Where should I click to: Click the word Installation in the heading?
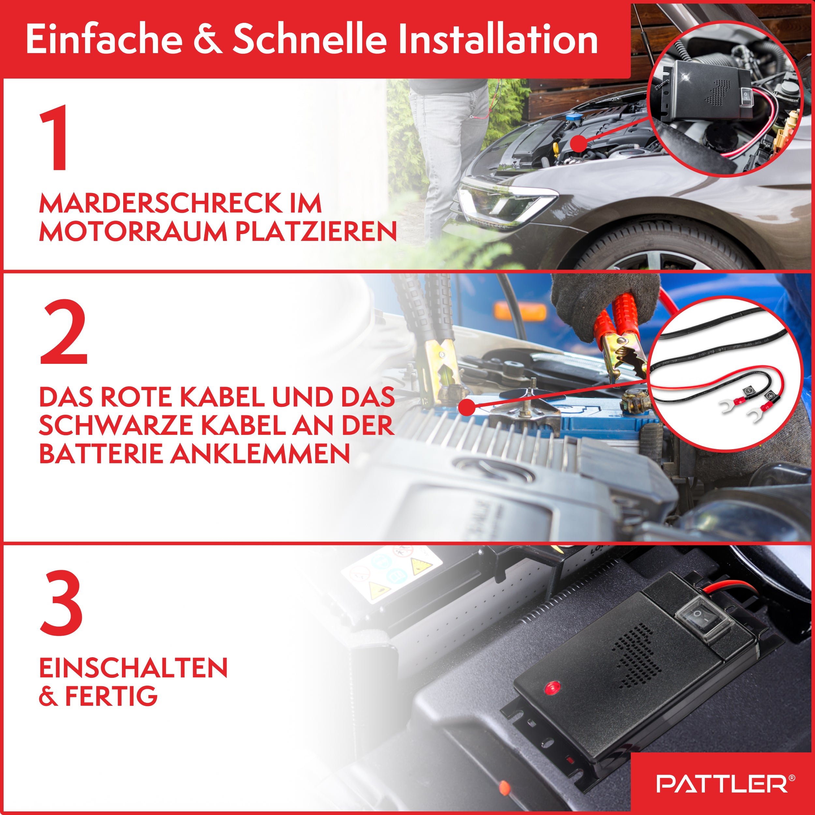498,39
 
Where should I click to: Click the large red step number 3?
62,603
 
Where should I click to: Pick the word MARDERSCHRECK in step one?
161,204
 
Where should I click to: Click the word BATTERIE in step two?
100,454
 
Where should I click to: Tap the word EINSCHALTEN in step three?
133,668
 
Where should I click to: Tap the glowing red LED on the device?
552,689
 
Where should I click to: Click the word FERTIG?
111,696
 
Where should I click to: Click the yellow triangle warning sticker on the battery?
379,591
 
